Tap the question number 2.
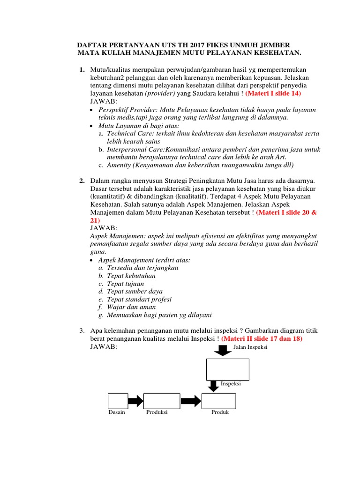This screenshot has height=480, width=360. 82,181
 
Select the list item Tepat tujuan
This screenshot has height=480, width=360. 125,284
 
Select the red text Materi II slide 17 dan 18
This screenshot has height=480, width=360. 262,338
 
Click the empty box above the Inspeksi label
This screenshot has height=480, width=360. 228,369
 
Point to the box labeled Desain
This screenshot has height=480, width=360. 118,401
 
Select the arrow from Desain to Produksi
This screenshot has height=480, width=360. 135,401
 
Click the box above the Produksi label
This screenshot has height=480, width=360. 162,401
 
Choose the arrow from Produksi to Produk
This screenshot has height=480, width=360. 191,401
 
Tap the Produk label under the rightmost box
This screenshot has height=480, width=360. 220,412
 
